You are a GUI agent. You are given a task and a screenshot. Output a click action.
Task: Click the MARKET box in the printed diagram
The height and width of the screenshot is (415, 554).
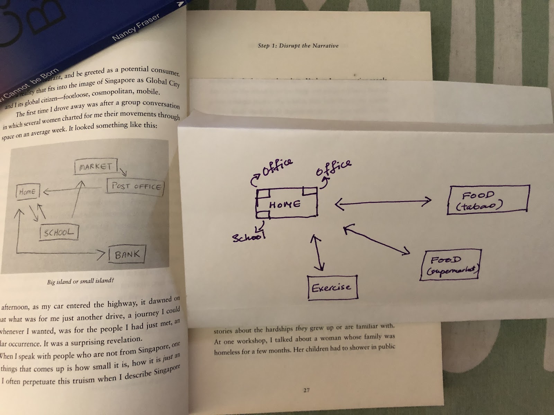click(x=96, y=167)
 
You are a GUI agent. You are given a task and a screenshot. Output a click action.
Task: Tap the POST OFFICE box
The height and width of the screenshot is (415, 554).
click(x=136, y=187)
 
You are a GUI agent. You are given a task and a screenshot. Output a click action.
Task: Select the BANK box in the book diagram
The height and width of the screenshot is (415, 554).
click(x=127, y=255)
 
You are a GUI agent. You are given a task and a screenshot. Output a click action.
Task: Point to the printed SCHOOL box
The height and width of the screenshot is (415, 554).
click(x=59, y=232)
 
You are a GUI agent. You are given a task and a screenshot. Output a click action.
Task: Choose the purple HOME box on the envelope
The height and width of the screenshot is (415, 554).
click(x=286, y=204)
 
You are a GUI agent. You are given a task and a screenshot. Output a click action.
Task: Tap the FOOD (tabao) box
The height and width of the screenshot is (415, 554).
click(x=489, y=200)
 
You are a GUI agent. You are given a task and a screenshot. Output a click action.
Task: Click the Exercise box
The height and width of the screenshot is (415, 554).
click(x=332, y=287)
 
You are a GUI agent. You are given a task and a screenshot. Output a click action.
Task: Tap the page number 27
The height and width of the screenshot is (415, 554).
click(x=306, y=390)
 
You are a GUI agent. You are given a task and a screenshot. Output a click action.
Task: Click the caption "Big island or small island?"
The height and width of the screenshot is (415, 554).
click(x=81, y=281)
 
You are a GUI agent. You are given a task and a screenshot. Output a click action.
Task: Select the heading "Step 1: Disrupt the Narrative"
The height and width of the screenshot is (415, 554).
click(x=298, y=46)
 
